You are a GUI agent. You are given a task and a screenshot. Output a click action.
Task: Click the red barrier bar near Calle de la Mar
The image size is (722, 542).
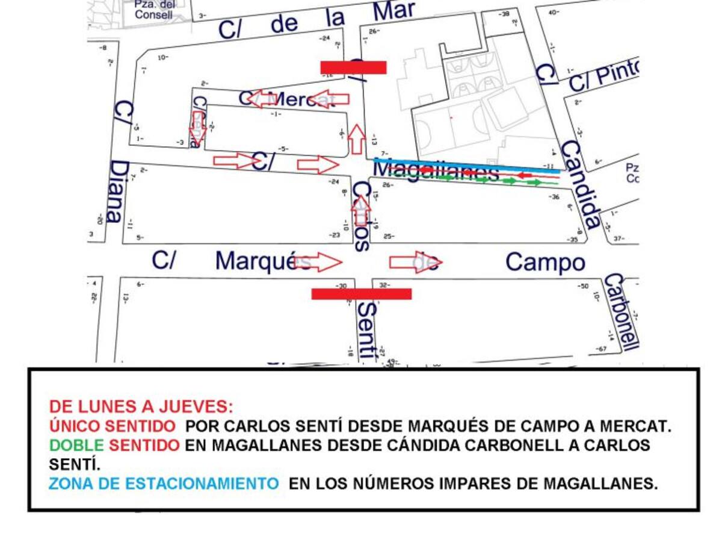pos(353,67)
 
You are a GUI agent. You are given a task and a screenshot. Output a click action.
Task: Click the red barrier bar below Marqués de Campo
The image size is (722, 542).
pos(361,294)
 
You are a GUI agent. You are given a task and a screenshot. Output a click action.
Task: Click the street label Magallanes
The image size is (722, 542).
pos(436,170)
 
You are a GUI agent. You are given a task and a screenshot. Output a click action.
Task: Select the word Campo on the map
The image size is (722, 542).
pos(545,263)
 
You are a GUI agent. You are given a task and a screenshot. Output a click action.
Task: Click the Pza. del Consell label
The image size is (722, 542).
pos(153,10)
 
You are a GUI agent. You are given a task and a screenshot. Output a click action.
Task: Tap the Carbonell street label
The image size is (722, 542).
pos(620,312)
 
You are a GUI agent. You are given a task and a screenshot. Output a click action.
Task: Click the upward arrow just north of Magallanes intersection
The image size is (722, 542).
pos(357,138)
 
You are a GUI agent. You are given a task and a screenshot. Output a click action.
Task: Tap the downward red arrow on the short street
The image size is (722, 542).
pos(197,127)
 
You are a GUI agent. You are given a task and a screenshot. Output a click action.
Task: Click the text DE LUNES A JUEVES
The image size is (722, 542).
pos(140,405)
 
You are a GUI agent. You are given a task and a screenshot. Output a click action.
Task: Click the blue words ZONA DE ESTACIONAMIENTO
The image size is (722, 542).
pos(163,484)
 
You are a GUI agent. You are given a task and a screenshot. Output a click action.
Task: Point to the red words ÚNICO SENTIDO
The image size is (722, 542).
pos(113,426)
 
